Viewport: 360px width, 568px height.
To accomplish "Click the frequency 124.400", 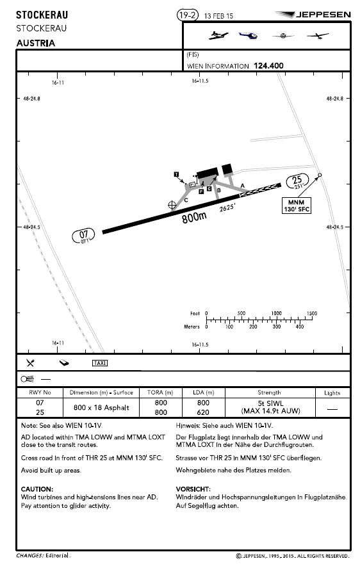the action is coord(268,65).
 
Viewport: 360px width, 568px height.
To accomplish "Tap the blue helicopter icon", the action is coord(249,35).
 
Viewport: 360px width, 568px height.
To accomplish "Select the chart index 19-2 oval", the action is coord(188,15).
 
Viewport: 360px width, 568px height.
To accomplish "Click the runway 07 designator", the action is coord(83,236).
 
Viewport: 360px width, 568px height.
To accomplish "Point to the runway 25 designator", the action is coord(297,181).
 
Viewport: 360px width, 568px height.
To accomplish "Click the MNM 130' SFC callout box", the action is coord(297,206).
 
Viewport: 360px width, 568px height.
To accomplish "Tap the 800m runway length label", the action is coord(194,217).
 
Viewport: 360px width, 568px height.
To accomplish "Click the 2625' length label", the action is coord(227,207).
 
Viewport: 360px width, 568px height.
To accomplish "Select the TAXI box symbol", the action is coord(100,363).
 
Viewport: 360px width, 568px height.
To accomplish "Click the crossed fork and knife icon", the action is coord(30,362).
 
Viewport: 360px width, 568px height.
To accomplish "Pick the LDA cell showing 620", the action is coord(203,412).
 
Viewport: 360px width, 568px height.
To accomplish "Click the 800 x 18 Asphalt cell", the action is coord(101,407).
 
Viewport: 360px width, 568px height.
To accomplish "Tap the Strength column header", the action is coord(269,393).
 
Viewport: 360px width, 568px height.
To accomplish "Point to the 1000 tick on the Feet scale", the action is coord(276,313).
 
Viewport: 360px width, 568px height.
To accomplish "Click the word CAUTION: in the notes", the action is coord(37,489).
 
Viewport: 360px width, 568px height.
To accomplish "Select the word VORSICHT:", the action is coord(193,489).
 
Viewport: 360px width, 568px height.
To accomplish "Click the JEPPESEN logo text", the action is coord(323,15).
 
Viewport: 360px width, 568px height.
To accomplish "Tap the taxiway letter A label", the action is coord(243,186).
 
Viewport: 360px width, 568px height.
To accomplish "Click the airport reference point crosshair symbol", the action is coord(172,205).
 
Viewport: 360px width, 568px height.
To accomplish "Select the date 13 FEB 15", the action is coord(218,16).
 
